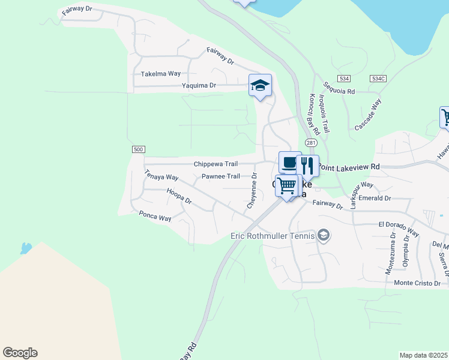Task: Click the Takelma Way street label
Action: (x=160, y=74)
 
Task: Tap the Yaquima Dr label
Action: (x=199, y=86)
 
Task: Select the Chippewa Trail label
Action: (x=215, y=164)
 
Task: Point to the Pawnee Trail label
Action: (x=220, y=176)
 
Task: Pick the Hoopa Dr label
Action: (x=179, y=196)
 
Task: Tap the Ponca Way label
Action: (x=155, y=216)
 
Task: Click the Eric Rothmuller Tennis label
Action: (x=273, y=236)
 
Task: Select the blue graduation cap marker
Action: (x=261, y=85)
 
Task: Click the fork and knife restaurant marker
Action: (x=307, y=166)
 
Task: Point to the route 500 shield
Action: (x=138, y=149)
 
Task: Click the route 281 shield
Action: (x=310, y=142)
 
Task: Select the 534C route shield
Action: (x=378, y=79)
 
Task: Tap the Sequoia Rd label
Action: (x=339, y=88)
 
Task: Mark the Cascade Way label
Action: (x=368, y=115)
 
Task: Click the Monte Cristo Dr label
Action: (x=417, y=283)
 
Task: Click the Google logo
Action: (x=20, y=353)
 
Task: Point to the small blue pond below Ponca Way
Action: (x=26, y=248)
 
